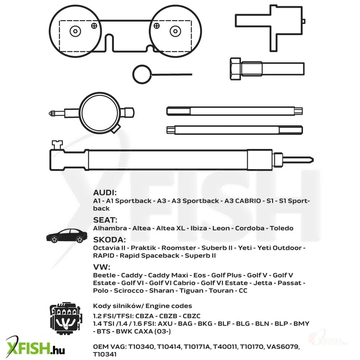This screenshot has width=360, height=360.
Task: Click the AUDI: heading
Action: click(x=105, y=193)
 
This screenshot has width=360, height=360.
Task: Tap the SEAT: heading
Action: click(x=105, y=220)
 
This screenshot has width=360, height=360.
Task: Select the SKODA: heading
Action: click(x=109, y=240)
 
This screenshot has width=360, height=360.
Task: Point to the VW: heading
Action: click(x=102, y=267)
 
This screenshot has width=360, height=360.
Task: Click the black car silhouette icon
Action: click(x=67, y=236)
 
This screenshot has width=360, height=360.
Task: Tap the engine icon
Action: click(x=66, y=317)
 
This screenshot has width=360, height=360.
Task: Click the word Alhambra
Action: click(x=110, y=228)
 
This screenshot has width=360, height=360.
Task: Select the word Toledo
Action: click(x=282, y=228)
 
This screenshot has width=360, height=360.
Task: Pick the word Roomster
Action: click(x=179, y=248)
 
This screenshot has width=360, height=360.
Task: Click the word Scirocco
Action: click(x=129, y=291)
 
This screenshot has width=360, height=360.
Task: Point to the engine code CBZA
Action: click(x=144, y=316)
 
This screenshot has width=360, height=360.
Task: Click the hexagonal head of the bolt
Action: click(x=236, y=69)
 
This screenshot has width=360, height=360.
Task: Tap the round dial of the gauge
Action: click(x=99, y=113)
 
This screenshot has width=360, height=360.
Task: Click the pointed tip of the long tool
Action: click(x=313, y=160)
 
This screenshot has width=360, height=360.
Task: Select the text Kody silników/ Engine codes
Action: click(x=142, y=306)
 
